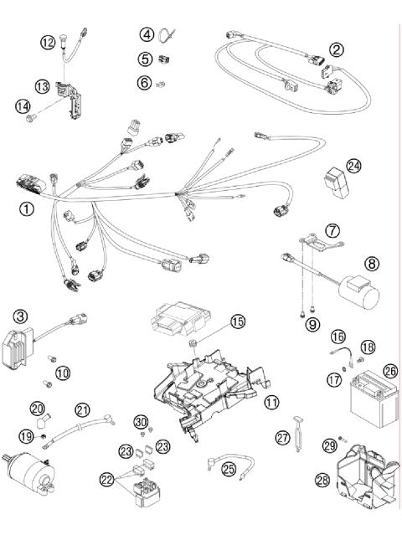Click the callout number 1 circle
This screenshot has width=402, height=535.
tap(27, 209)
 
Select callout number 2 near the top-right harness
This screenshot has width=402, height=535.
tap(336, 49)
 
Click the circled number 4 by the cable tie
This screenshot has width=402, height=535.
tap(147, 35)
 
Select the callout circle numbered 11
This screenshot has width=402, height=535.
tap(271, 403)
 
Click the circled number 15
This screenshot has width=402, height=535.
tap(238, 321)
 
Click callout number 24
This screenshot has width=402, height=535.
tap(354, 167)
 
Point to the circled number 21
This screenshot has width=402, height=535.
tap(82, 409)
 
